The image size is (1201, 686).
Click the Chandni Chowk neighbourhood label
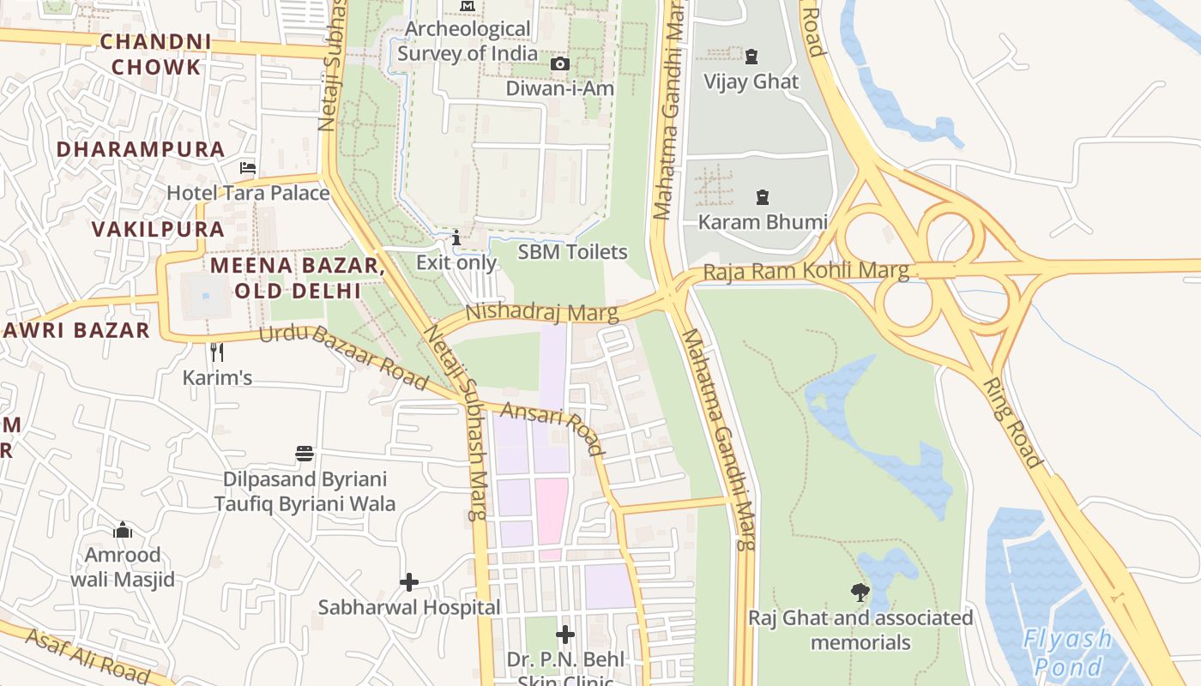(155, 54)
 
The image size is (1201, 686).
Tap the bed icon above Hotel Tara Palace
(248, 168)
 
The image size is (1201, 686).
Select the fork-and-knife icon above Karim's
(217, 352)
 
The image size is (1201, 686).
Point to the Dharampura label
(141, 149)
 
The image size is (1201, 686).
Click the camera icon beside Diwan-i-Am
(559, 64)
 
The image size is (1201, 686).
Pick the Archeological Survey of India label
(468, 41)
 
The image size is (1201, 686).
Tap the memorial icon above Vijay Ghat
(751, 57)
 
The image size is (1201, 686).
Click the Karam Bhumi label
(763, 222)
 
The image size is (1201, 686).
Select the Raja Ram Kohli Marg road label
(806, 272)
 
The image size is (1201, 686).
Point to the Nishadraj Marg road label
(541, 312)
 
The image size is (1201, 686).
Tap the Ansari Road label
(552, 428)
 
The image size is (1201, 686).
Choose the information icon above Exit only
(456, 238)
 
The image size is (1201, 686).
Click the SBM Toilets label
(572, 252)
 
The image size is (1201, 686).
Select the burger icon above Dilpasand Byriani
(305, 454)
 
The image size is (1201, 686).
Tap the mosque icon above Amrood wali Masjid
(123, 530)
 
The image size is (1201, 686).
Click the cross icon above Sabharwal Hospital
(409, 583)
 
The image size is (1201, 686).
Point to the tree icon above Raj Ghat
(860, 592)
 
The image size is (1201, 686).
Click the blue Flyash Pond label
(1067, 653)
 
